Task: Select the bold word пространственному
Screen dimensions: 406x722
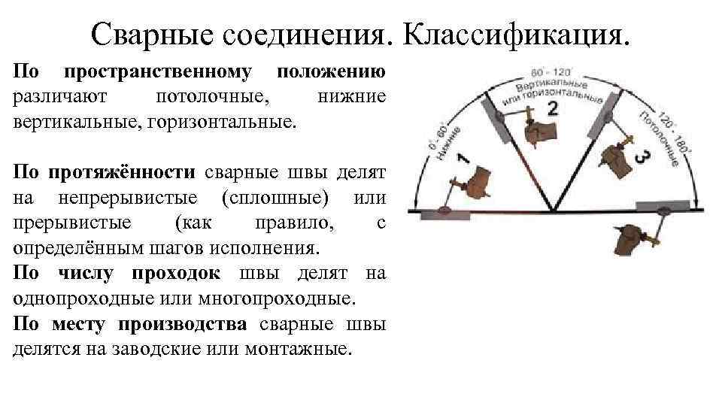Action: click(157, 74)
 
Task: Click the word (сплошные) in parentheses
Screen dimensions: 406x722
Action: click(276, 198)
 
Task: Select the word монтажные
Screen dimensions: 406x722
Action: click(308, 349)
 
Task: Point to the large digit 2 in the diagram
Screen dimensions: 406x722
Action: click(553, 110)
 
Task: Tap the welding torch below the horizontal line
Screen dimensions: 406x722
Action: click(633, 239)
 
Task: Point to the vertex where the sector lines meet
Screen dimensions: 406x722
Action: click(553, 211)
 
